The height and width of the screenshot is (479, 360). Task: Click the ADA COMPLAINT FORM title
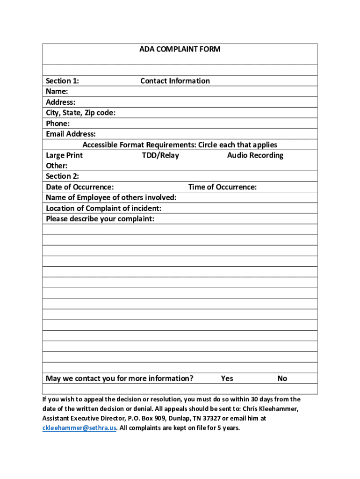[180, 49]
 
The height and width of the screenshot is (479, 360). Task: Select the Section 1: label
[62, 81]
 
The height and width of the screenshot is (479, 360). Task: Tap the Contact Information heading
[175, 81]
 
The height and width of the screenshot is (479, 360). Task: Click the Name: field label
[57, 91]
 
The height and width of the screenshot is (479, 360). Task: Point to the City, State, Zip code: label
[80, 113]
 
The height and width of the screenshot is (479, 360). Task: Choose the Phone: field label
[58, 123]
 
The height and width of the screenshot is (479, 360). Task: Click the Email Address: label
[71, 134]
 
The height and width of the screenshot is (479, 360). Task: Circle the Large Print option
[64, 155]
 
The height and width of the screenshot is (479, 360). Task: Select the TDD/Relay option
[160, 155]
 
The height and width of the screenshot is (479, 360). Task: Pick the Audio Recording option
[255, 155]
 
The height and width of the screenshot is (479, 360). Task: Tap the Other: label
[57, 166]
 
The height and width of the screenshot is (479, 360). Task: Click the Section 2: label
[62, 176]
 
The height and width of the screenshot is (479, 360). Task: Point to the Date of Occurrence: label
[79, 187]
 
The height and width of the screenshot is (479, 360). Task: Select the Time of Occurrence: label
[222, 187]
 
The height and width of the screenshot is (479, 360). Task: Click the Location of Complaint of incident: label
[104, 209]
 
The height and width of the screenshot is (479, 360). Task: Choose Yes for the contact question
[227, 378]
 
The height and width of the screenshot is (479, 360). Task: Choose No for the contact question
[282, 378]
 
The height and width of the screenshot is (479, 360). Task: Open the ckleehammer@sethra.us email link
[79, 428]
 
